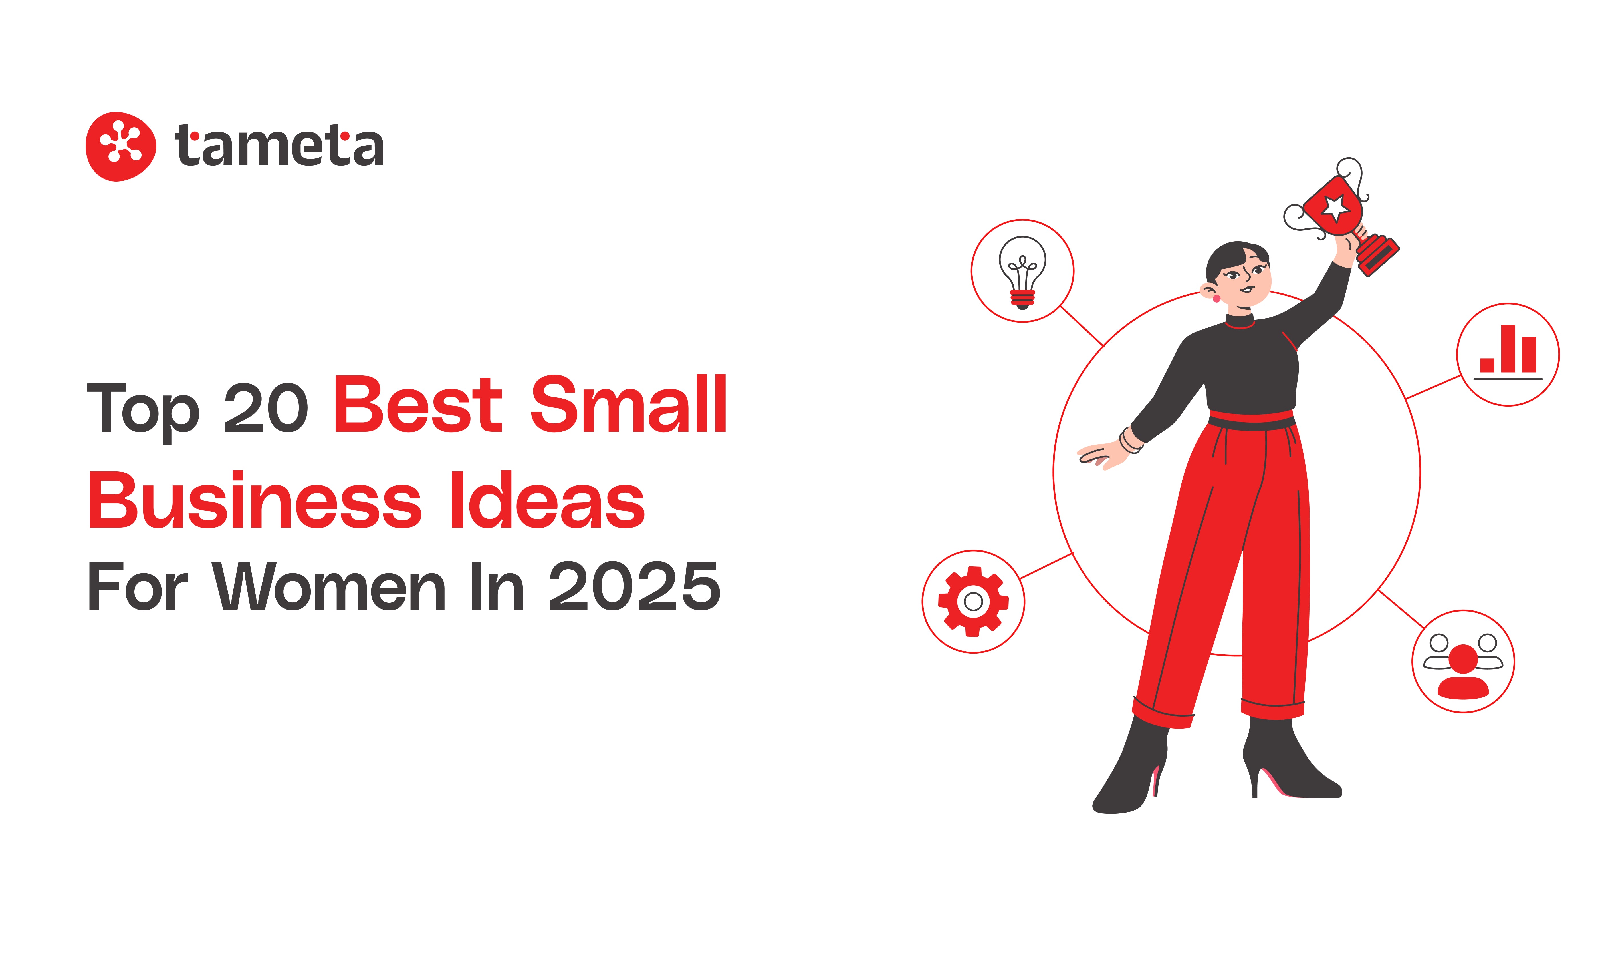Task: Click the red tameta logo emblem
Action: [x=121, y=146]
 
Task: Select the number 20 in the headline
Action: [x=266, y=409]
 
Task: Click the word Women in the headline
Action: [x=330, y=587]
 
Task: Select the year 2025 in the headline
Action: [x=634, y=587]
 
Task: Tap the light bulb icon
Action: [x=1022, y=271]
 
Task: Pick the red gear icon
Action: [x=973, y=601]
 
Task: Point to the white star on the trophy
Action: [x=1335, y=208]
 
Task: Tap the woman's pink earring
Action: [x=1216, y=298]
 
